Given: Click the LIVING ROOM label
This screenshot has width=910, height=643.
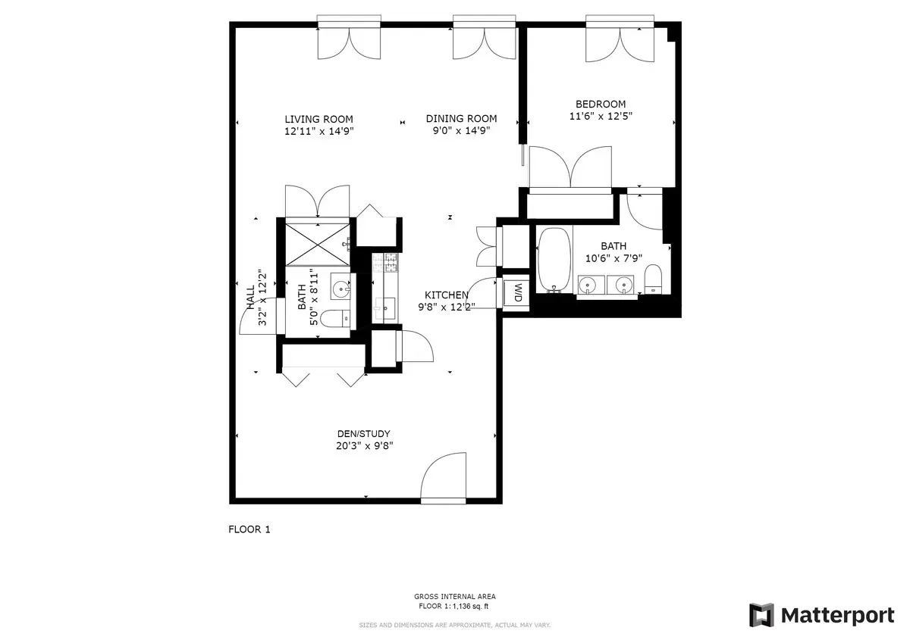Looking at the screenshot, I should click(x=318, y=119).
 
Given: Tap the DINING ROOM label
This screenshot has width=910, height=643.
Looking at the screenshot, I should click(x=461, y=119).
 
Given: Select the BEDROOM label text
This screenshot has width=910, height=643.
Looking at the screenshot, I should click(x=601, y=105).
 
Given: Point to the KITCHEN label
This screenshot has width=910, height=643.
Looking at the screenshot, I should click(x=446, y=295).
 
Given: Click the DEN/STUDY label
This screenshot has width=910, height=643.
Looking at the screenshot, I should click(x=364, y=434).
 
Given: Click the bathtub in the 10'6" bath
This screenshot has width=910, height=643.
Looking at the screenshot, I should click(x=554, y=260).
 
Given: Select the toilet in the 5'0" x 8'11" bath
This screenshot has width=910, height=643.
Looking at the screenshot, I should click(x=334, y=319).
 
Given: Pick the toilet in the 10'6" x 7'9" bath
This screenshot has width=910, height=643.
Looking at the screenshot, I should click(x=653, y=279).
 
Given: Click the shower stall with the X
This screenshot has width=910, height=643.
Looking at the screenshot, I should click(x=318, y=242).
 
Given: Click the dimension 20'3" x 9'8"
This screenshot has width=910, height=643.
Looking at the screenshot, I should click(x=364, y=445).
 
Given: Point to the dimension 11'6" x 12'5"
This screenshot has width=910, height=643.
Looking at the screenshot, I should click(x=601, y=117).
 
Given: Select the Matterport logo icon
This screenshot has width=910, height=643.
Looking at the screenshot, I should click(x=761, y=615).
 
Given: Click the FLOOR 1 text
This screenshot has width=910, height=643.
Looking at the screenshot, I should click(x=249, y=530).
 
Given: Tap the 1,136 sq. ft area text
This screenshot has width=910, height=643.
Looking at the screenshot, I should click(x=455, y=607).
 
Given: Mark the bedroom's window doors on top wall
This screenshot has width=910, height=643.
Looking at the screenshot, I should click(x=620, y=42).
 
